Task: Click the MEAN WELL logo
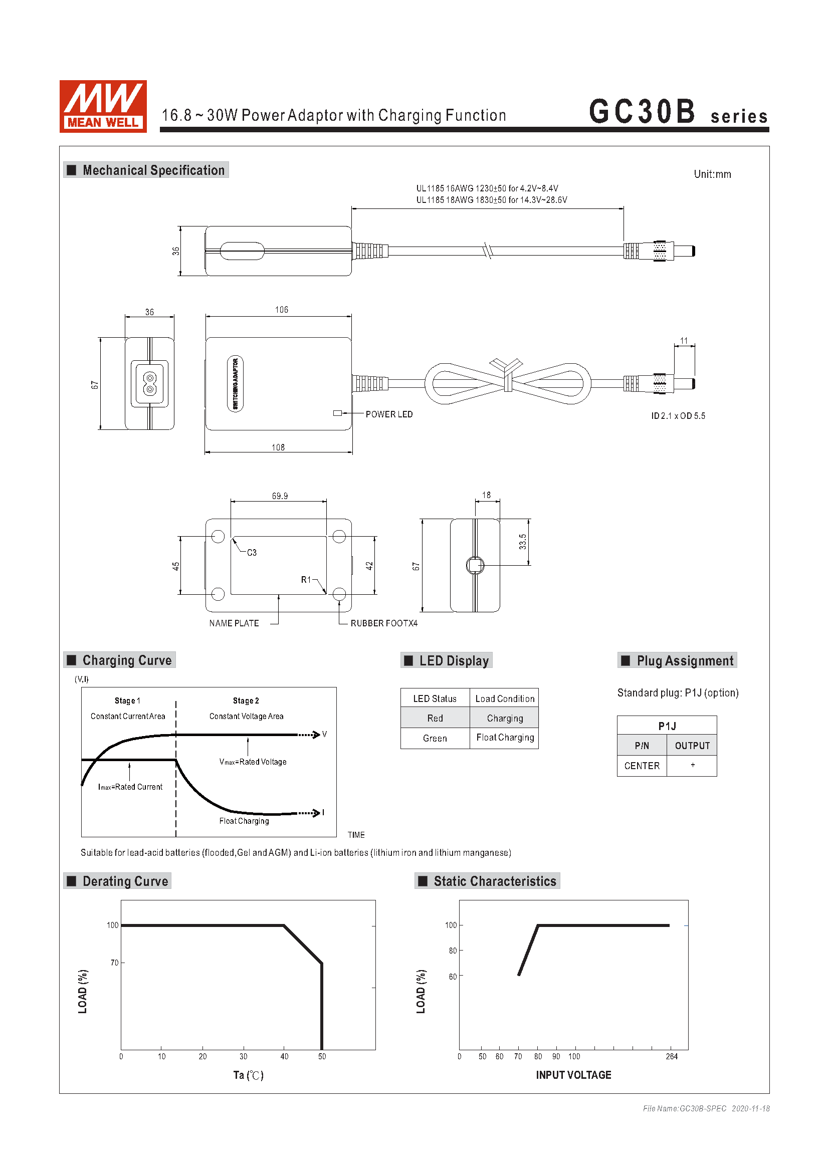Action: pos(103,106)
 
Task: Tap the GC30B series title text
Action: pos(679,111)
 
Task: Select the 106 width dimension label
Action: pos(281,310)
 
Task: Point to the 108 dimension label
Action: pos(278,447)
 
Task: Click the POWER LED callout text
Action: pos(389,414)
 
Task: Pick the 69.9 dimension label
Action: pos(280,496)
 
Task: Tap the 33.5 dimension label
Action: pos(523,542)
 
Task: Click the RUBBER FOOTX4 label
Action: pos(384,623)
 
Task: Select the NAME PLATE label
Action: pos(234,623)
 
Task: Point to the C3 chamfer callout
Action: pos(252,553)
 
